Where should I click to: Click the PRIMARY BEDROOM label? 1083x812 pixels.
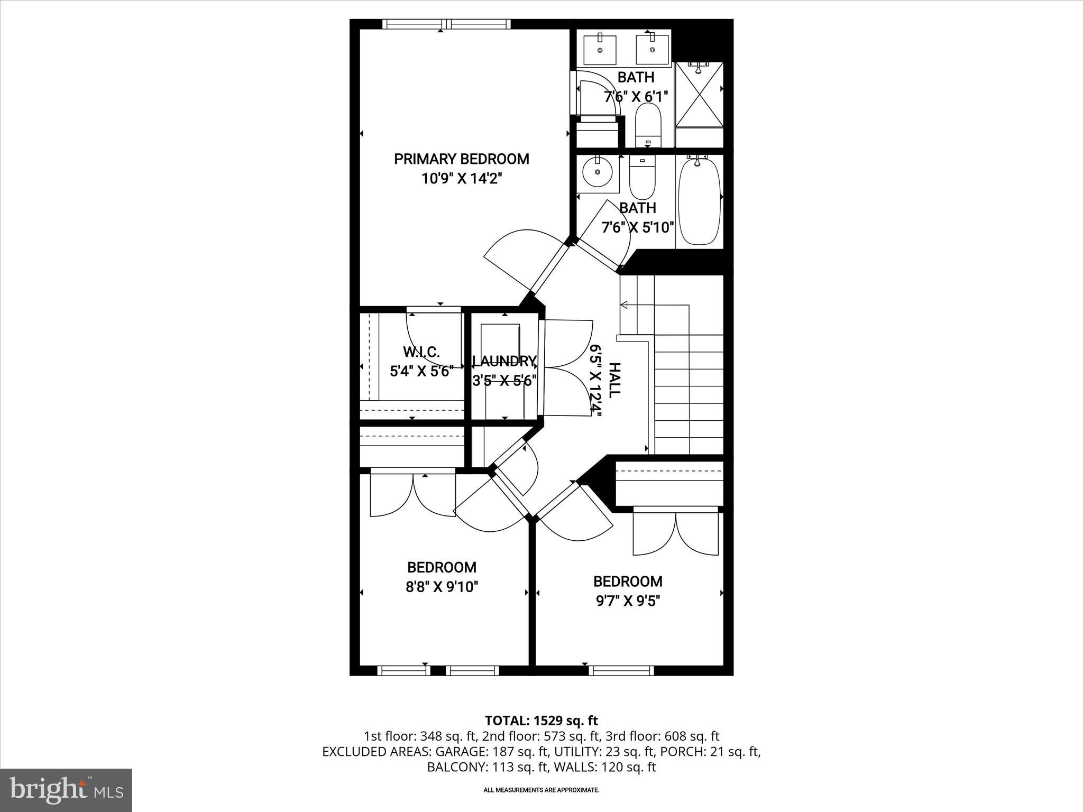tap(461, 159)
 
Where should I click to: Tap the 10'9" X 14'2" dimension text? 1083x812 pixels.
tap(461, 179)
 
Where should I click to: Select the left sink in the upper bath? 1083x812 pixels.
tap(600, 49)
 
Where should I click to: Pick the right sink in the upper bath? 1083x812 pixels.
tap(651, 49)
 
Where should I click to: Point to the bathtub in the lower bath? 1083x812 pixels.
tap(699, 201)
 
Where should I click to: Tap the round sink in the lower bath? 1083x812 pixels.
tap(598, 172)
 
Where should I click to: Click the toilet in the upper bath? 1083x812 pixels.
tap(648, 126)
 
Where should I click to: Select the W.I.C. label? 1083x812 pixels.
tap(421, 352)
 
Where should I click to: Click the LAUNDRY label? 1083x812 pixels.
tap(504, 362)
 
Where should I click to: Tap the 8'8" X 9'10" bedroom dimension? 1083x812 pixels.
tap(442, 587)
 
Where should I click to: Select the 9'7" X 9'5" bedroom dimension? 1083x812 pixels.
tap(628, 601)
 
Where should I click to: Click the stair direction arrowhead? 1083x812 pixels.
tap(623, 305)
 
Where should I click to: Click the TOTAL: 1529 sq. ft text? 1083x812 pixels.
tap(541, 721)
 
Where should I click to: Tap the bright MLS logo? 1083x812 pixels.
tap(66, 790)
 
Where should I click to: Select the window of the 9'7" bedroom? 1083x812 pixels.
tap(621, 670)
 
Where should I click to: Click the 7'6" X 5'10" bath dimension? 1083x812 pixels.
tap(637, 228)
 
